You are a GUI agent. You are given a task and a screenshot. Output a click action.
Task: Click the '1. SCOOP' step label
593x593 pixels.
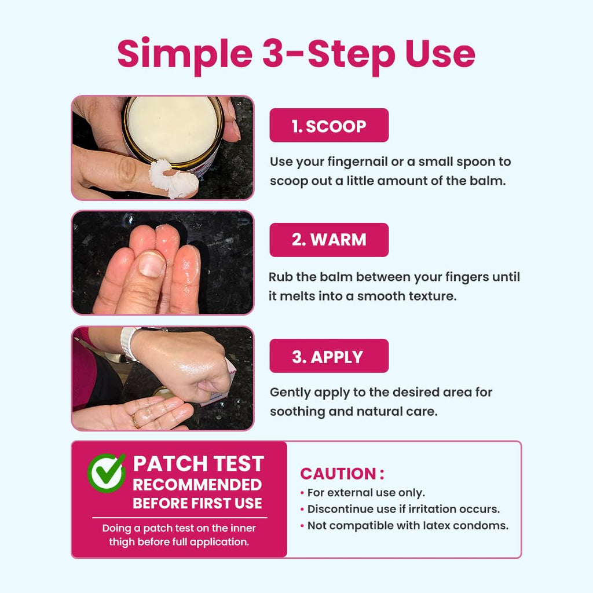(329, 126)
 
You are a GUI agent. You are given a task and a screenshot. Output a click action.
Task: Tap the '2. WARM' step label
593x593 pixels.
(329, 240)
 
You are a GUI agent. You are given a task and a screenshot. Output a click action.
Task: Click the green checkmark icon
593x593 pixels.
(107, 473)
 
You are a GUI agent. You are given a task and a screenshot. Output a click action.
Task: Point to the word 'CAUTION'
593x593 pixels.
(338, 474)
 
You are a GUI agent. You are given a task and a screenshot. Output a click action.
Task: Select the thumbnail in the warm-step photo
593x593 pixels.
(151, 263)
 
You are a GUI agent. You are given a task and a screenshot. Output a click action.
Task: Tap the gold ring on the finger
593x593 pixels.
(135, 420)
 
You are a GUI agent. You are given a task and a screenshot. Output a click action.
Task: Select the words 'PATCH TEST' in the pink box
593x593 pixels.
(198, 463)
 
